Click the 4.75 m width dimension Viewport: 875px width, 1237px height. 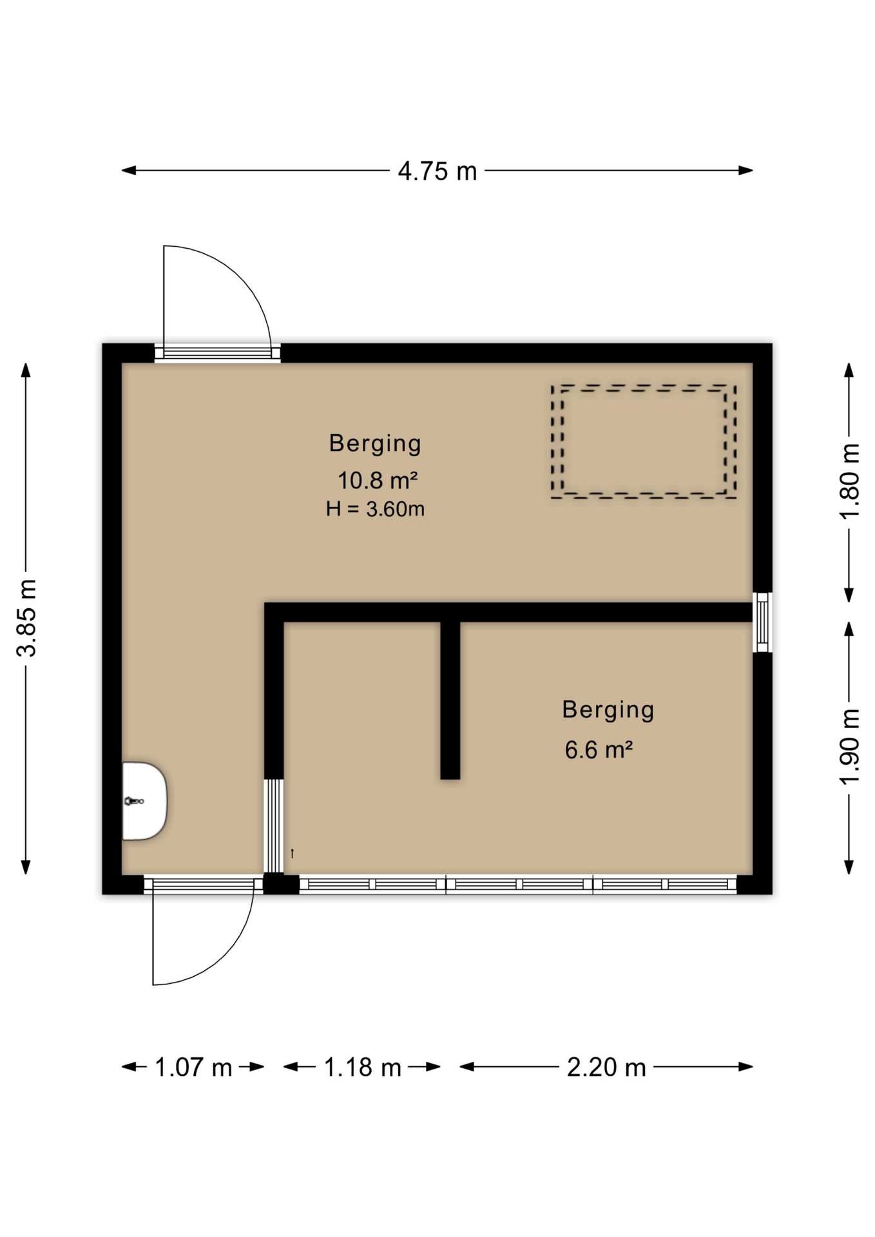click(x=437, y=171)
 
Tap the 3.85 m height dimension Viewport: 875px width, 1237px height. click(x=27, y=618)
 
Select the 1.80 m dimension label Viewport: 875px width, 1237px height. click(x=849, y=481)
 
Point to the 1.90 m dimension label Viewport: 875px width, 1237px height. click(x=849, y=746)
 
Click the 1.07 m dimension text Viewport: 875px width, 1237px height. click(x=193, y=1068)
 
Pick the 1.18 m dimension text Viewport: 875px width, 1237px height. click(x=362, y=1068)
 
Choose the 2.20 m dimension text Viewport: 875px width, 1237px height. click(x=606, y=1068)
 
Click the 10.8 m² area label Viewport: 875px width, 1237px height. click(x=378, y=480)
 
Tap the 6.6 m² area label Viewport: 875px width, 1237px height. click(x=599, y=750)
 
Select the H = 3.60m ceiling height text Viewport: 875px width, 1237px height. click(x=375, y=509)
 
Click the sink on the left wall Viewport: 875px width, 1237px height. click(x=145, y=801)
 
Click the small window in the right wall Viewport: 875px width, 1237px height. click(x=762, y=622)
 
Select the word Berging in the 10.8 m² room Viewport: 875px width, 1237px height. click(x=375, y=444)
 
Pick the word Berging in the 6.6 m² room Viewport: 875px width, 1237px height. click(x=608, y=710)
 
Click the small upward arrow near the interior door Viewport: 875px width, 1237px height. click(x=293, y=854)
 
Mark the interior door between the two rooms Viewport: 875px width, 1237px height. click(x=274, y=826)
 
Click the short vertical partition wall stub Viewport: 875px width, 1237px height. click(x=450, y=700)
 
